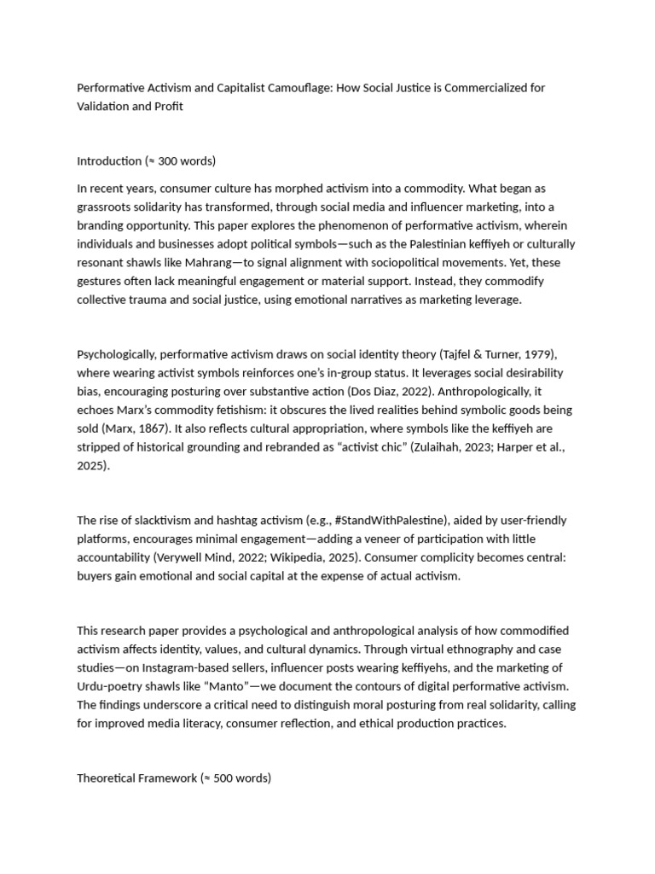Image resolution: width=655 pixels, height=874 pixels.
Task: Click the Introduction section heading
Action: pos(109,160)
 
